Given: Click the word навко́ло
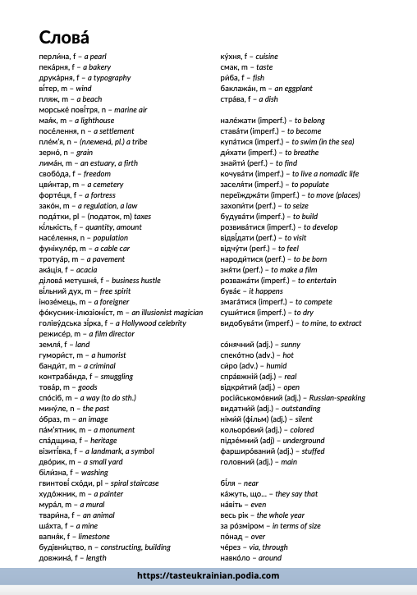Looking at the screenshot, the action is pyautogui.click(x=236, y=557).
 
